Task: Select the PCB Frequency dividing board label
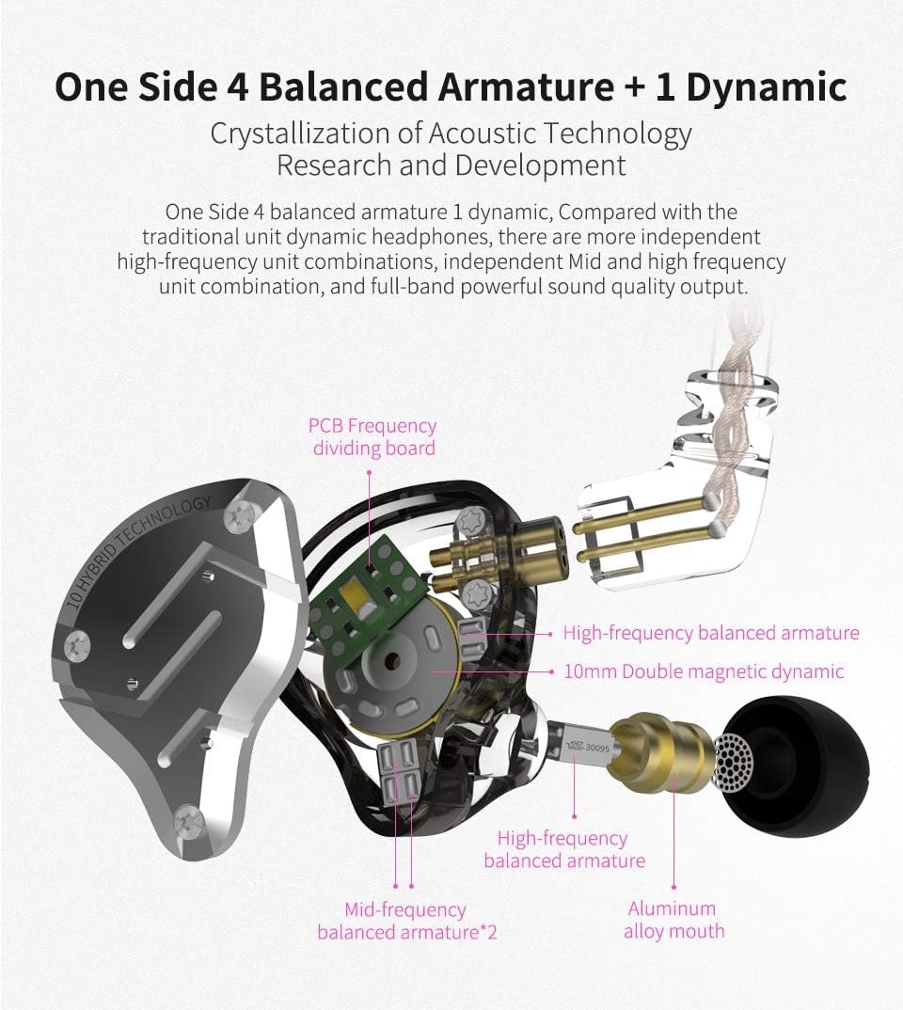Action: pos(372,436)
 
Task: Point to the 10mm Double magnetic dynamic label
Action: pos(704,671)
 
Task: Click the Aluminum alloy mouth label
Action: pos(673,920)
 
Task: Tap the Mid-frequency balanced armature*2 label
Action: pos(406,921)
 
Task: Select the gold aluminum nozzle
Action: pos(662,750)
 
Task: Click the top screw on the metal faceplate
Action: pos(239,516)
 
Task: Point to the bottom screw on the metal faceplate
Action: pos(190,821)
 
